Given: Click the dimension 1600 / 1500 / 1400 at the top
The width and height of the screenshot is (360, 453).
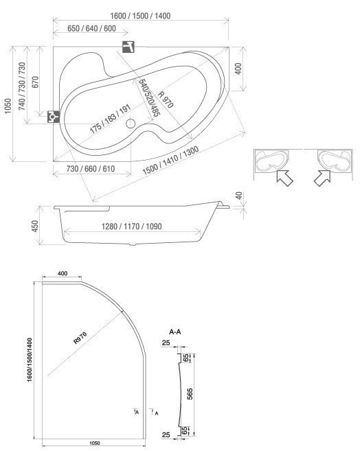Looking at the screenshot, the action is (141, 16).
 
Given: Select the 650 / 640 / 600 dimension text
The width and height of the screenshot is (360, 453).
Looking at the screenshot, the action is (91, 28).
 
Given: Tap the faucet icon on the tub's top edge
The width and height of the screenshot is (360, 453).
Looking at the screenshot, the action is (128, 47).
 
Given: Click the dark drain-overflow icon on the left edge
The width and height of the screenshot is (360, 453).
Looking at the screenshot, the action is (54, 117).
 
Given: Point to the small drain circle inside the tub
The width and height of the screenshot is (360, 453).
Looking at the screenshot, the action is (131, 124).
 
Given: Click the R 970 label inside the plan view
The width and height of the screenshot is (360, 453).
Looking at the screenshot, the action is (166, 100).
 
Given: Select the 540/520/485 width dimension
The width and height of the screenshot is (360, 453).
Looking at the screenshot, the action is (149, 97).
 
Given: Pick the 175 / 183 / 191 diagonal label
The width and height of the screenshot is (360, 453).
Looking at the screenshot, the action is (110, 119).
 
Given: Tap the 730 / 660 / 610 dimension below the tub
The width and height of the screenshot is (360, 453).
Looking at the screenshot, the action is (91, 168).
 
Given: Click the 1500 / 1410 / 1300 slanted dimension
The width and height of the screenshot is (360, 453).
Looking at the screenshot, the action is (170, 161).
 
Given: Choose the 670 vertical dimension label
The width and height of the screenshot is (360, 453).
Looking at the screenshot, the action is (35, 82).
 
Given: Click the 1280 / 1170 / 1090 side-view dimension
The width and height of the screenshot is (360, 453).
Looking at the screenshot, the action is (132, 226).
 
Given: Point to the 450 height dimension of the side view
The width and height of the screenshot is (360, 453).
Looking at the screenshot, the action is (35, 226).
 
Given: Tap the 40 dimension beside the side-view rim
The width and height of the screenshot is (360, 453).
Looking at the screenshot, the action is (239, 196).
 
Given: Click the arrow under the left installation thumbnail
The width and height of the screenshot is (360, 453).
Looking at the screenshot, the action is (284, 178).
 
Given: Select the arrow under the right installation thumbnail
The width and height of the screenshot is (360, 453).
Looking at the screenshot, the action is (323, 178).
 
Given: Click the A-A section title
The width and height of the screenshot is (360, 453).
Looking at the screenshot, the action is (175, 332).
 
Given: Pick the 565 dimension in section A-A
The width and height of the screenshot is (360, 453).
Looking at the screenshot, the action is (190, 394).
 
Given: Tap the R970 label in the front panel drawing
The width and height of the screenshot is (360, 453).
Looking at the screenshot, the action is (80, 338).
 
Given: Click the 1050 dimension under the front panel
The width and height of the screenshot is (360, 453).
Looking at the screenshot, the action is (95, 443).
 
